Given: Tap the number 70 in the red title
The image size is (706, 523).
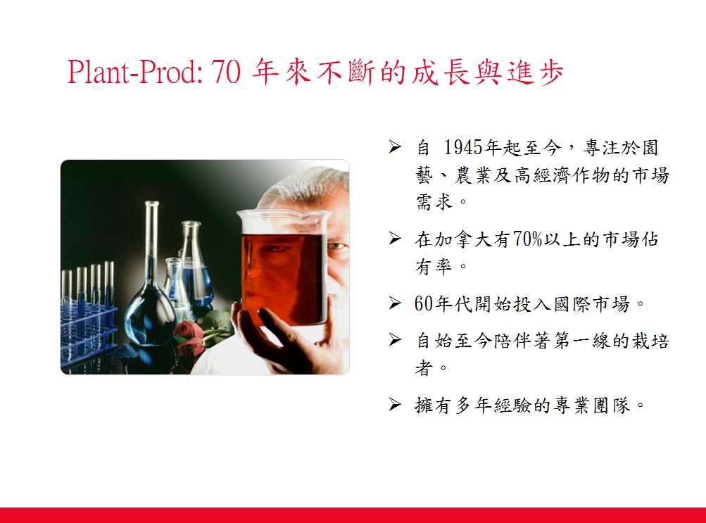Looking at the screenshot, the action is [x=226, y=72].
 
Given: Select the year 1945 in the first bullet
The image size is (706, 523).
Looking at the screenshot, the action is [x=464, y=147].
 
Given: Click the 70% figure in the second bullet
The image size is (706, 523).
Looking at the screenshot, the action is [x=527, y=239].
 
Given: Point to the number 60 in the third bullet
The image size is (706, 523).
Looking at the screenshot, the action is [x=424, y=304].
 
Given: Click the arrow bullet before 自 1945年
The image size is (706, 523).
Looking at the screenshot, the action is [x=395, y=146].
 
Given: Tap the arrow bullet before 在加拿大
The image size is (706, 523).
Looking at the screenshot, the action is [x=395, y=238].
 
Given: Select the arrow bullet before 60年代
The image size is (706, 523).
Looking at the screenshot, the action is [x=395, y=303].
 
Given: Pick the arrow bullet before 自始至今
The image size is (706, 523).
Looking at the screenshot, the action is [x=395, y=339].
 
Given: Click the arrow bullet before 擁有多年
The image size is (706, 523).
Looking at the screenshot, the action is [x=395, y=404].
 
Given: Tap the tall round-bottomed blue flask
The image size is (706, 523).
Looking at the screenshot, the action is [x=151, y=288].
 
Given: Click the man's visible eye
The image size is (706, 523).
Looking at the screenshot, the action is [x=336, y=246].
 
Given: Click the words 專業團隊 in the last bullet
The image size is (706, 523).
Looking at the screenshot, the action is [x=592, y=405].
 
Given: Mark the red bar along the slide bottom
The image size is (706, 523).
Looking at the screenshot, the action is [x=353, y=515].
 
